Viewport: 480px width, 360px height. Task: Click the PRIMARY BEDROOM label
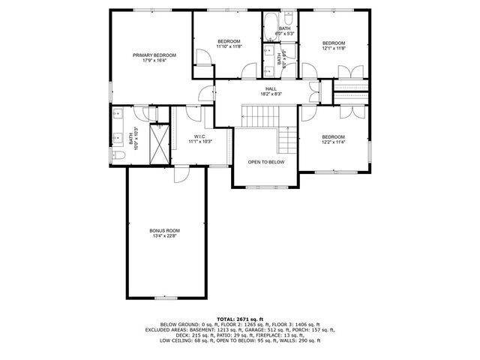(x=154, y=55)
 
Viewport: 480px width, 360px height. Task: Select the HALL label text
(x=271, y=88)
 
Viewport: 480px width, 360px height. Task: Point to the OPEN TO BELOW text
(x=267, y=162)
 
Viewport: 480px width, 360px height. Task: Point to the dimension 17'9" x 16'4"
(x=154, y=61)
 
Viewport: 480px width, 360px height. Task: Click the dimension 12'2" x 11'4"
(x=333, y=142)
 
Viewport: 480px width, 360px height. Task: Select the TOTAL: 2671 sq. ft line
(x=239, y=319)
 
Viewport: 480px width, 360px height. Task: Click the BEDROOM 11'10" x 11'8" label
(x=229, y=43)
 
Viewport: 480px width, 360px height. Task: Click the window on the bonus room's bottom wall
(x=165, y=298)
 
